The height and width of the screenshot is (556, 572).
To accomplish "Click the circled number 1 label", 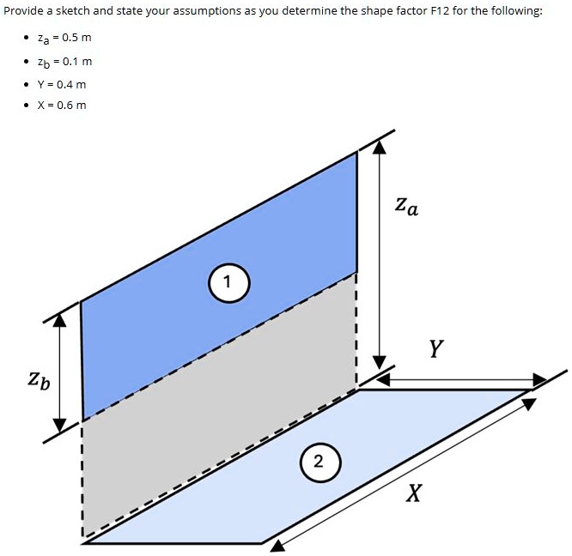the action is (x=229, y=283).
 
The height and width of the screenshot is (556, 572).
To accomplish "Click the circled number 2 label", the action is (x=320, y=462).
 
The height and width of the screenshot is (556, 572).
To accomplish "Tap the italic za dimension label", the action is (x=407, y=206).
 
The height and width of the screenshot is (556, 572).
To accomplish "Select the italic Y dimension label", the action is (x=436, y=348).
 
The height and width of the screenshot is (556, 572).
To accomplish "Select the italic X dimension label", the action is (x=414, y=493).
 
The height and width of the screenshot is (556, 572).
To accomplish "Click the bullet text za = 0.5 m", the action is (x=64, y=38).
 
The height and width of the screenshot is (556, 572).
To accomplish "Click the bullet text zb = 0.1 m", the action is (x=64, y=62).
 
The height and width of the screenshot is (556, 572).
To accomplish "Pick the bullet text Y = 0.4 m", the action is (x=62, y=85).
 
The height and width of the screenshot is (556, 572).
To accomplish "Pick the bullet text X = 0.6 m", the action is (x=62, y=106).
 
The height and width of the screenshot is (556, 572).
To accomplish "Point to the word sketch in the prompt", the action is (x=72, y=10).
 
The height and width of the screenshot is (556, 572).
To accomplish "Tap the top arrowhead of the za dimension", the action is (x=380, y=147).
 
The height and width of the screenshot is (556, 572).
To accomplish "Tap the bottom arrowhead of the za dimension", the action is (x=380, y=362).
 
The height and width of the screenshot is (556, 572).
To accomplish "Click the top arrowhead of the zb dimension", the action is (x=60, y=320).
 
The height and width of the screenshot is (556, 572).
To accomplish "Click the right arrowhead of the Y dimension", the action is (x=540, y=380).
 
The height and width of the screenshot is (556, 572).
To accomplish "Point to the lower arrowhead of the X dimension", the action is (x=277, y=546).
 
